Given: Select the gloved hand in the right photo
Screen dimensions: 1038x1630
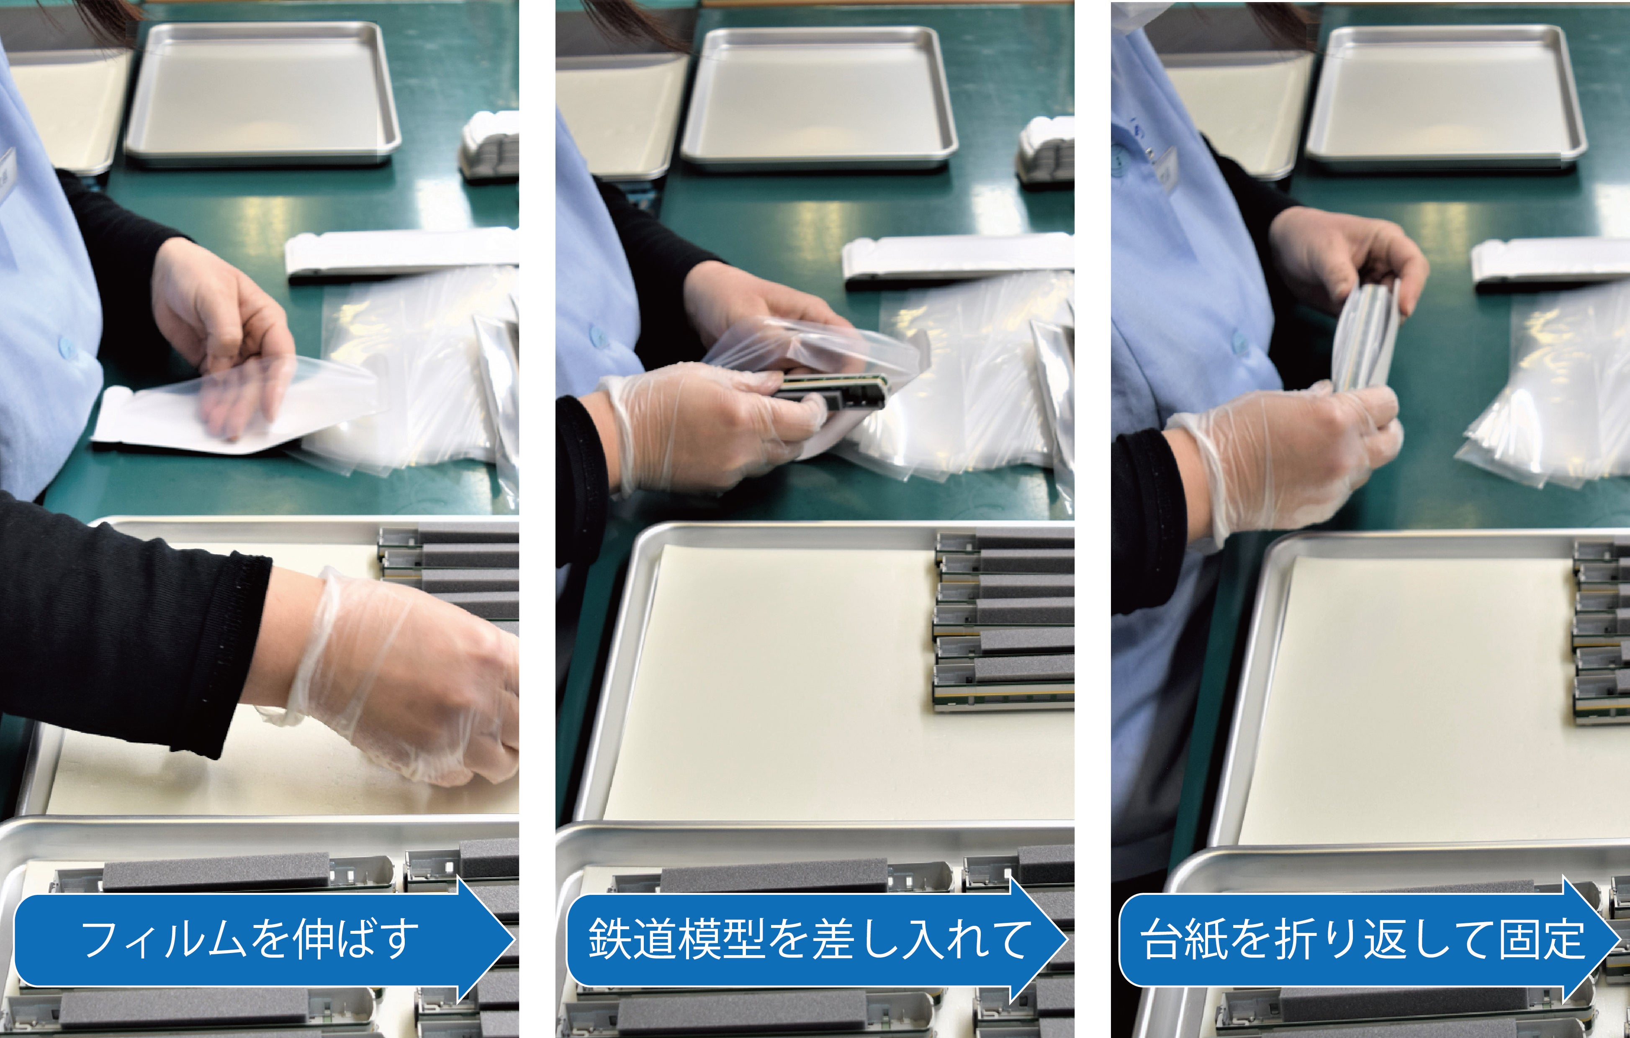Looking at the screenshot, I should click(1286, 460).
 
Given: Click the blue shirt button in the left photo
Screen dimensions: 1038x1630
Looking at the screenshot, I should click(66, 347).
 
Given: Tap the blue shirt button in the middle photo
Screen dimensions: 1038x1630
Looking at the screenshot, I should click(599, 335).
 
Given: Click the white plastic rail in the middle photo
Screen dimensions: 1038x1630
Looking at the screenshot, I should click(954, 260).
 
